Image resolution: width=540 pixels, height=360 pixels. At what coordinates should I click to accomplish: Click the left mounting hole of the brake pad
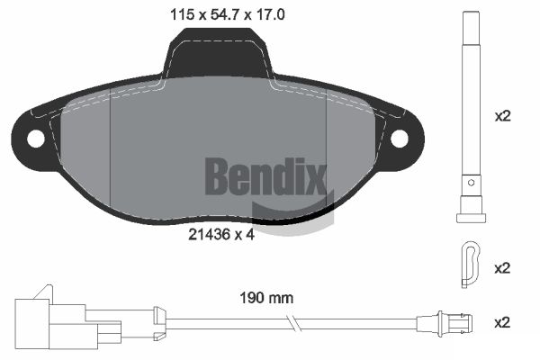(36, 139)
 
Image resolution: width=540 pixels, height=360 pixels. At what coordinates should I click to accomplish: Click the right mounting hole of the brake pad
(400, 139)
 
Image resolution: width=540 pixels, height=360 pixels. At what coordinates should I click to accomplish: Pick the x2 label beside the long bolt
(503, 116)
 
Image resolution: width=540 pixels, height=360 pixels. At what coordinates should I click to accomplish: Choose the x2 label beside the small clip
(503, 268)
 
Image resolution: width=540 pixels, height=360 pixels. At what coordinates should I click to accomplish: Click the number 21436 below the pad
(208, 233)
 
